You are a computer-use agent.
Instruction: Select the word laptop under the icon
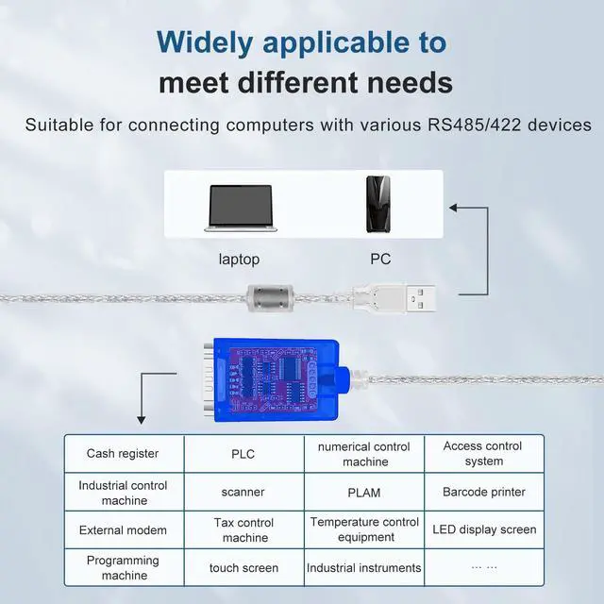(x=239, y=259)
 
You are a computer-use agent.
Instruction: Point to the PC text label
(x=380, y=259)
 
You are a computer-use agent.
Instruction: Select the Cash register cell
(x=123, y=454)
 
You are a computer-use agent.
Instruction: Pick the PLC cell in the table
(x=243, y=454)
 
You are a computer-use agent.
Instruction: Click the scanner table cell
(x=243, y=492)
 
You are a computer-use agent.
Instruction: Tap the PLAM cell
(x=364, y=492)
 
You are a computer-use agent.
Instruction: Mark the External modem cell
(x=123, y=529)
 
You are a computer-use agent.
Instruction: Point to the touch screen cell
(x=243, y=568)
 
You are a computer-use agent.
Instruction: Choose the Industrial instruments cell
(x=364, y=568)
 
